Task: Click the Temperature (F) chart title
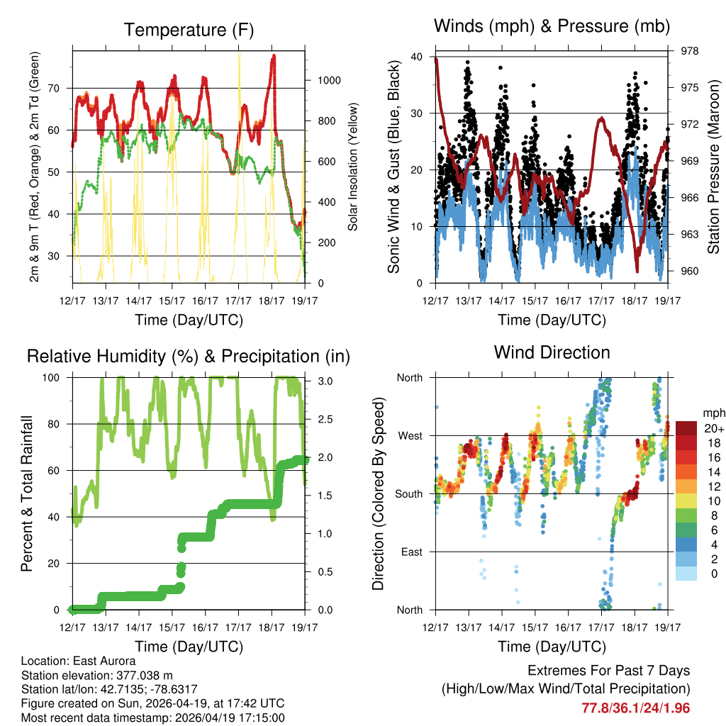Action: [188, 30]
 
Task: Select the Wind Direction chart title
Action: [552, 352]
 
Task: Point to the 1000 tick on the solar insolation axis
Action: [322, 80]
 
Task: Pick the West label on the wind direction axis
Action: [410, 435]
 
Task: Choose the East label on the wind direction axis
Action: [411, 552]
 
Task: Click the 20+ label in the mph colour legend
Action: [713, 428]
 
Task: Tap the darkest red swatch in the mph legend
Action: [686, 428]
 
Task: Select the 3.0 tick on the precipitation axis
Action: [319, 381]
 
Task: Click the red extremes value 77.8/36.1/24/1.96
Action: [636, 708]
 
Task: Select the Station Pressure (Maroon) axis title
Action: [714, 167]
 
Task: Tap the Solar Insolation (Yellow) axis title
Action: [352, 167]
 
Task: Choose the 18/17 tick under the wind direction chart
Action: [635, 627]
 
